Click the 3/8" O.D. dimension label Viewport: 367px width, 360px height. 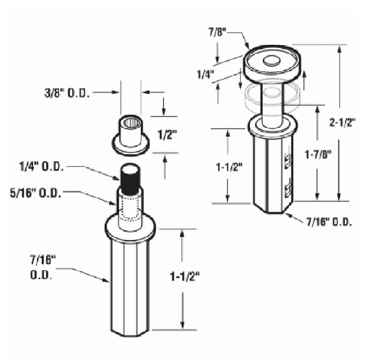(x=67, y=93)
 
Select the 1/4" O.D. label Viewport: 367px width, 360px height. (x=41, y=167)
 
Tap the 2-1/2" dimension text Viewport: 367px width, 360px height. (x=342, y=123)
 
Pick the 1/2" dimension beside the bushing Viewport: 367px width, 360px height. (x=167, y=135)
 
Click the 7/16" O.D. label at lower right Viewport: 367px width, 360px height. (x=329, y=222)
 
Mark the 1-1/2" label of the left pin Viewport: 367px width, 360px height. (x=185, y=277)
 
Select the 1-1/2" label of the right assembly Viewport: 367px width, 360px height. (x=229, y=167)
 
